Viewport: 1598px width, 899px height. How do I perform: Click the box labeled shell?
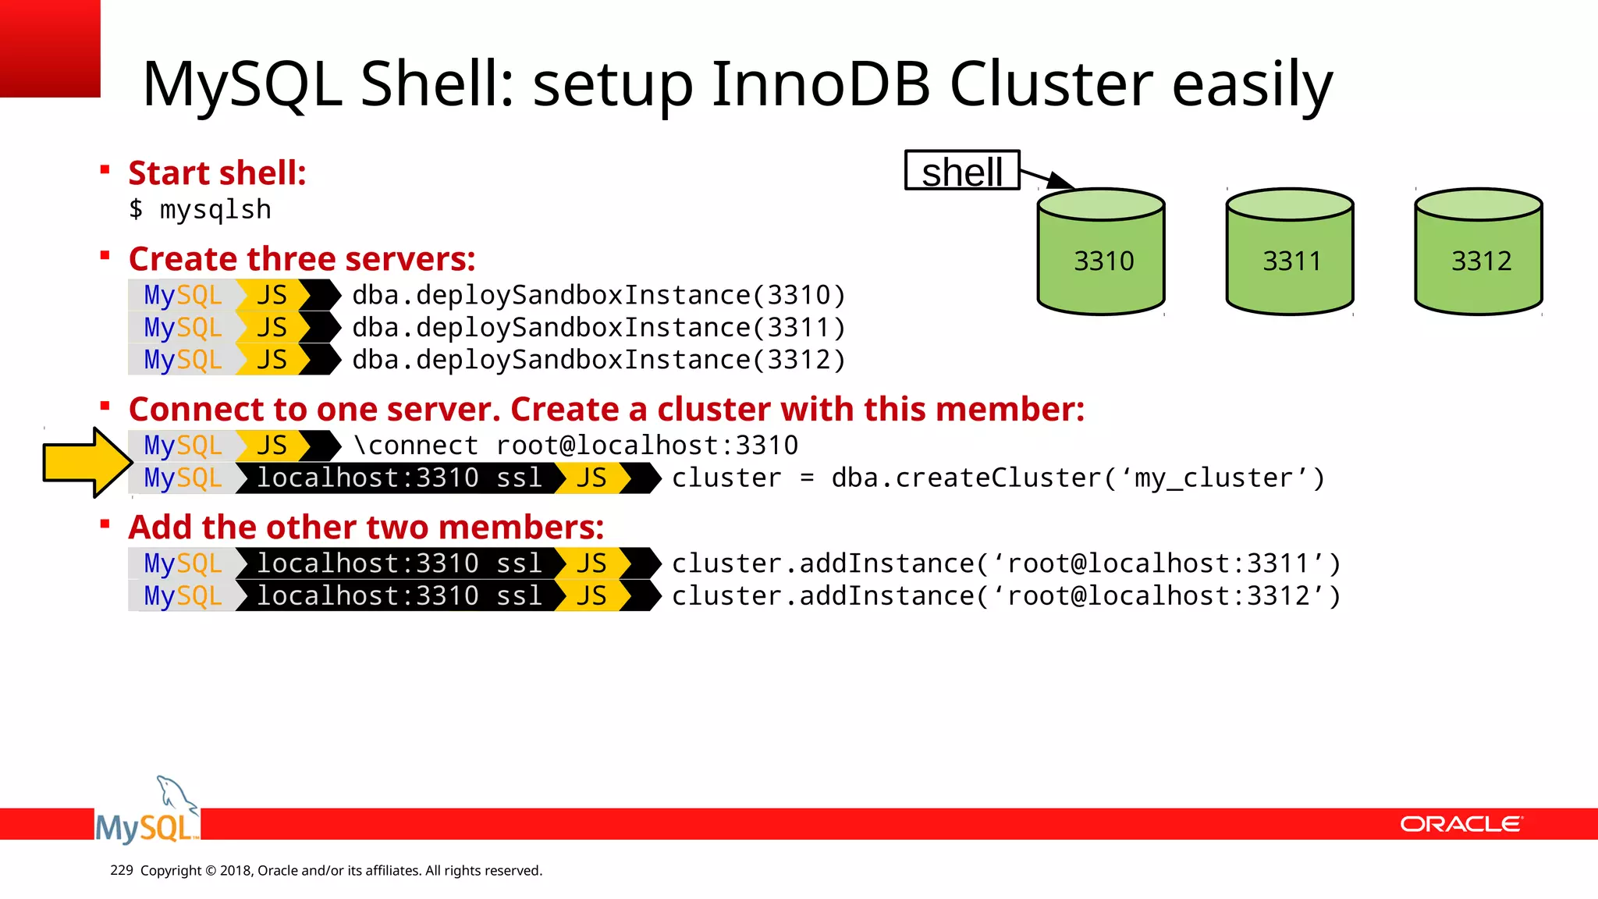point(962,171)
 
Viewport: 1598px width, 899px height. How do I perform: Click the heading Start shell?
point(217,172)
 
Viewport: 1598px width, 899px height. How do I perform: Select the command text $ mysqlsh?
point(200,210)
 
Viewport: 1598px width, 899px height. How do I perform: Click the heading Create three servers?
point(302,258)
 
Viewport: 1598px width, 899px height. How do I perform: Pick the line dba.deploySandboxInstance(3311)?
point(598,328)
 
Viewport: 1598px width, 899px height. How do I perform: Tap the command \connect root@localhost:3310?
point(575,446)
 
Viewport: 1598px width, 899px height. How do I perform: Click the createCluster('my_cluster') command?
point(998,478)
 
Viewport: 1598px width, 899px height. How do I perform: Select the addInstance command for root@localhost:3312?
point(1006,596)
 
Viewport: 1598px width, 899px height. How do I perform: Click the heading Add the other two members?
point(366,527)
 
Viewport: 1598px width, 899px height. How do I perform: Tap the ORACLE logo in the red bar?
point(1461,824)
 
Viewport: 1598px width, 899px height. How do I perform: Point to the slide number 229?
point(122,870)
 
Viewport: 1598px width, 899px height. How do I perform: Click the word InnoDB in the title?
point(820,84)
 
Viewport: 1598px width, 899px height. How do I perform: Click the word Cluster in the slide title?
point(1050,84)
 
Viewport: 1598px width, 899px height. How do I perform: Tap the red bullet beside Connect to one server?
point(105,405)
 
